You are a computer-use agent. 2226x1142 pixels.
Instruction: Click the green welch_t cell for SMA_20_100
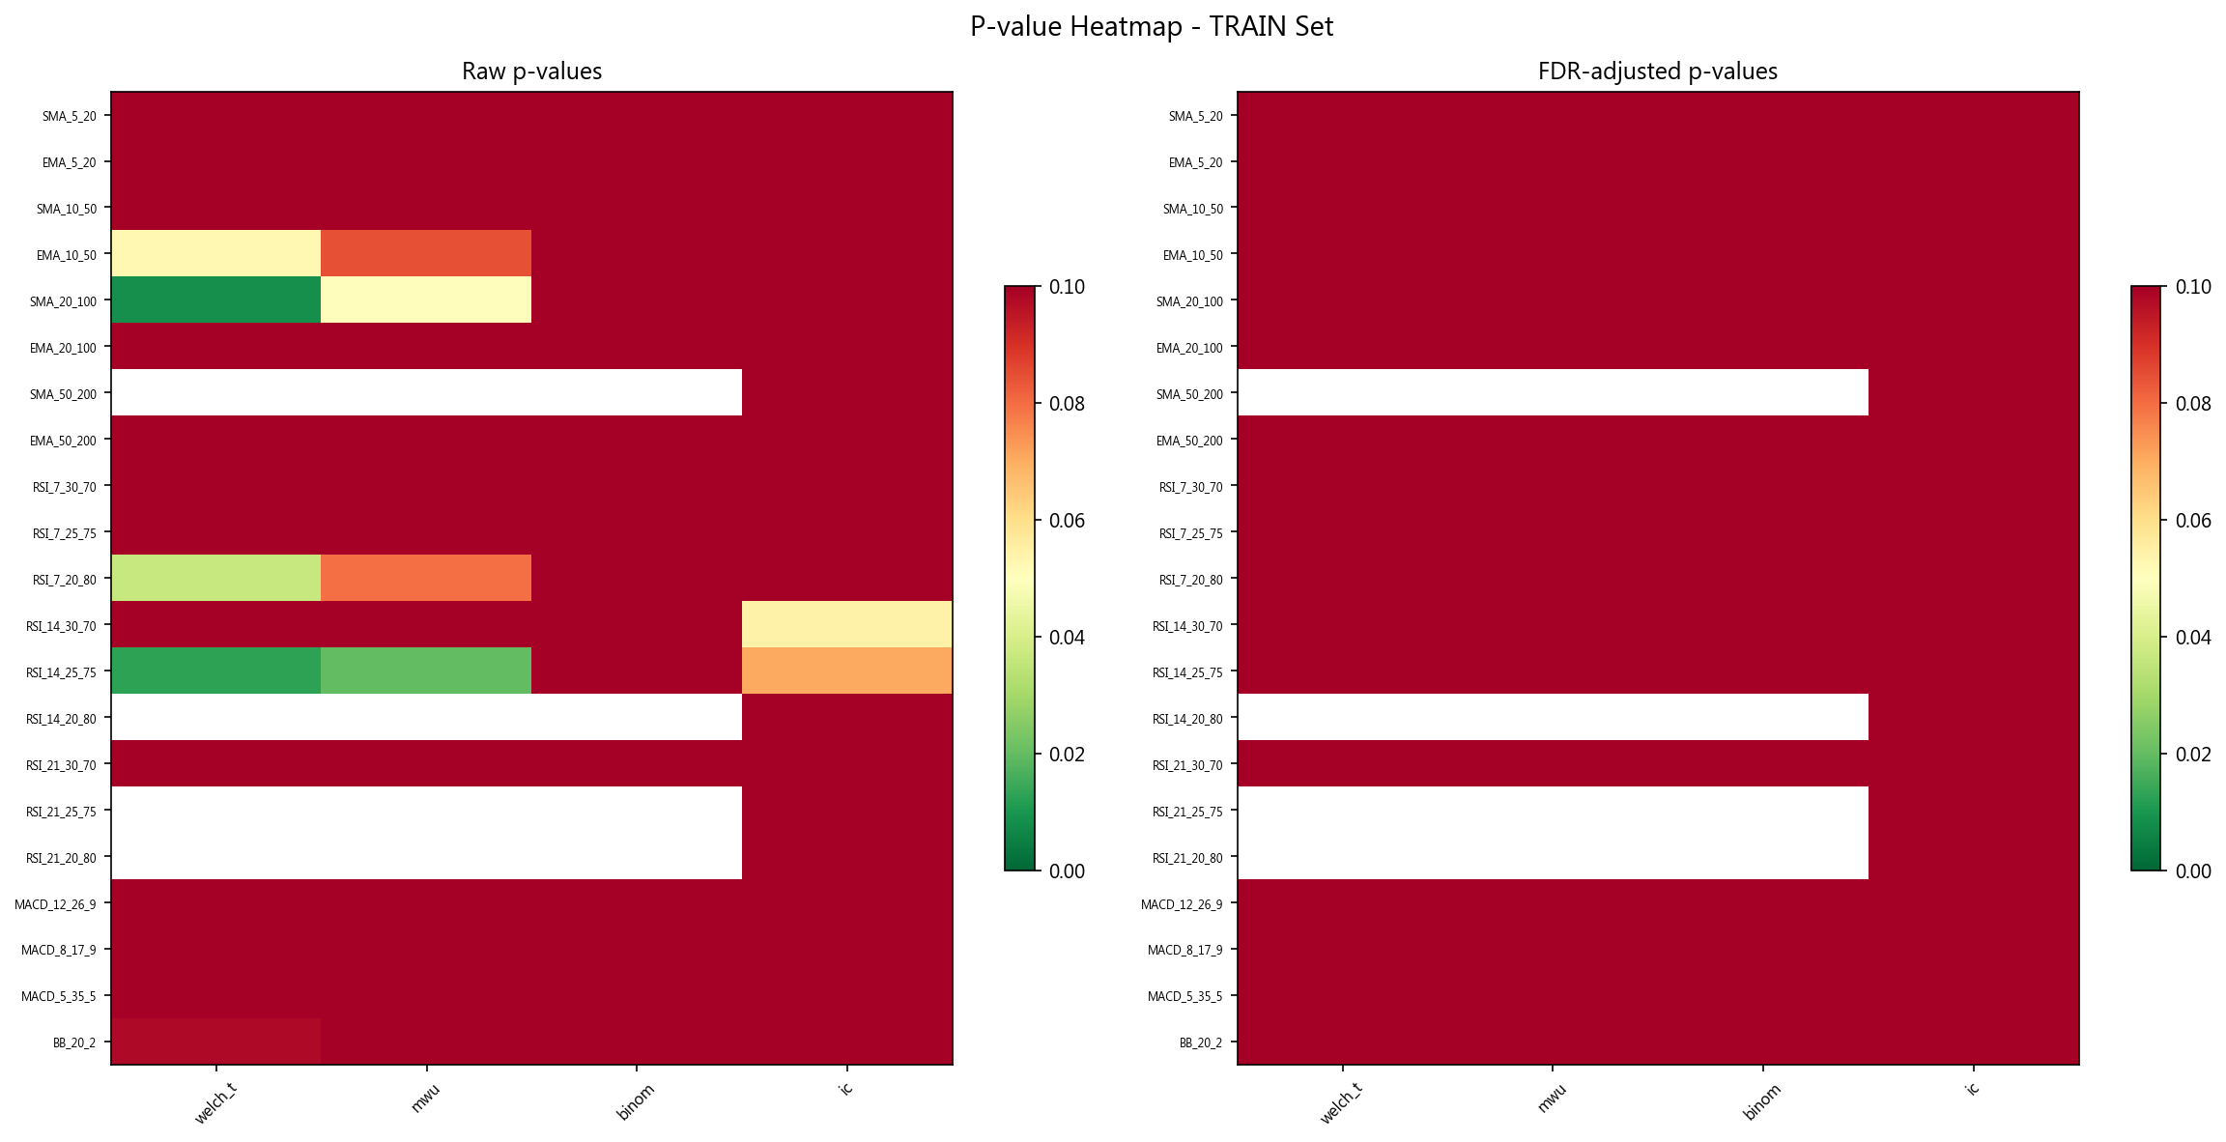[x=215, y=300]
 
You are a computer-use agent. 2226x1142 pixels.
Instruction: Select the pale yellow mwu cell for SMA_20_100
[x=426, y=300]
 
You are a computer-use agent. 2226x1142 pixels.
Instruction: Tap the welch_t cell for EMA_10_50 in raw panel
[x=215, y=253]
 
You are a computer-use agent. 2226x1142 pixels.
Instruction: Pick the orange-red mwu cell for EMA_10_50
[x=426, y=253]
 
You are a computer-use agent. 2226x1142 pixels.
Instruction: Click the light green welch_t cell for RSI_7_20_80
[x=215, y=578]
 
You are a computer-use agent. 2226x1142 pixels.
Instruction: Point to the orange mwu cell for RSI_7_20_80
[x=426, y=578]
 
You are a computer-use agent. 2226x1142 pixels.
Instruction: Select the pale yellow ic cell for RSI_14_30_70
[x=847, y=624]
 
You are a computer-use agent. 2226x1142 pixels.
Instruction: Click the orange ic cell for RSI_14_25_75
[x=847, y=671]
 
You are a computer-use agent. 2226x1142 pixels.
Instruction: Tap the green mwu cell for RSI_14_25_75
[x=426, y=671]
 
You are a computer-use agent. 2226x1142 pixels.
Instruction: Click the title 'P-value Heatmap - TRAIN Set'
[x=1151, y=27]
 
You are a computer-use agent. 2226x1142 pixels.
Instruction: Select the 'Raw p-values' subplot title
[x=531, y=71]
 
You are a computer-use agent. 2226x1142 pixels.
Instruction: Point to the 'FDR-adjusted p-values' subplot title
[x=1657, y=71]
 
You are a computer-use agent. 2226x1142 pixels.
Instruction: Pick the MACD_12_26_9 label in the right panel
[x=1181, y=904]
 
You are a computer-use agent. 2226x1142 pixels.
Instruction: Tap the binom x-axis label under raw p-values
[x=636, y=1102]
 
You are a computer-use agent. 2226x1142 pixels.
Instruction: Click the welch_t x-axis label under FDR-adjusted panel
[x=1340, y=1103]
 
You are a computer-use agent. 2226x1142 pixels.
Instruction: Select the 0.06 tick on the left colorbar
[x=1067, y=521]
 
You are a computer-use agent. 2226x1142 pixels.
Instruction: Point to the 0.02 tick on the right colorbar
[x=2193, y=755]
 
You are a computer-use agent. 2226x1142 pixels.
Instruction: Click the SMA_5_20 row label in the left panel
[x=69, y=116]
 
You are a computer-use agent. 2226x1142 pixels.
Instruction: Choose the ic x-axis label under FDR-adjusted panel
[x=1972, y=1089]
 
